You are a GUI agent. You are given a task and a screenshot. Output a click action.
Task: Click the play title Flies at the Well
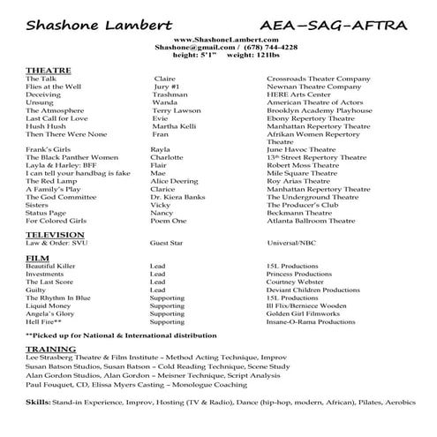click(x=54, y=87)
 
